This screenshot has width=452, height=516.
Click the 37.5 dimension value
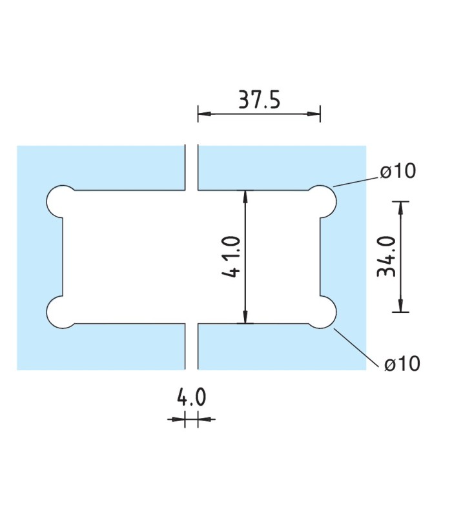pos(258,101)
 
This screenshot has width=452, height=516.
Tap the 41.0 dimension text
pos(233,257)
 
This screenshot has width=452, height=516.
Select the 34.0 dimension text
pos(386,257)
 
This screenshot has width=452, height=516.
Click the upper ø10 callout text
pos(398,172)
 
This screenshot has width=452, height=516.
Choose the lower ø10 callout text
pos(402,364)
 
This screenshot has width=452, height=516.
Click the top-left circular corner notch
pos(61,201)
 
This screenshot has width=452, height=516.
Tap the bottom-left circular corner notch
pos(61,312)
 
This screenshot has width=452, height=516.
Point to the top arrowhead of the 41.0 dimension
pos(245,195)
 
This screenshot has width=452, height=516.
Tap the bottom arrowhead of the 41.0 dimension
pos(245,317)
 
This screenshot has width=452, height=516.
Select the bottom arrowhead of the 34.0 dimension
pos(401,306)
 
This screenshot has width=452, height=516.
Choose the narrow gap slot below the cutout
pos(192,346)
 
